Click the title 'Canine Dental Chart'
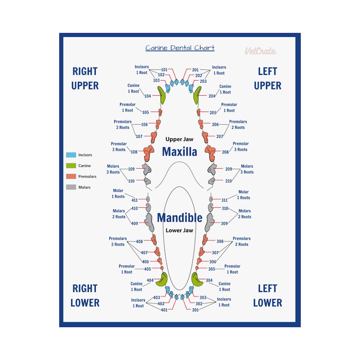(x=180, y=48)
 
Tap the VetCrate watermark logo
(x=260, y=51)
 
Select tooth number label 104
(x=148, y=96)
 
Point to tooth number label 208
(x=225, y=152)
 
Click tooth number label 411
(x=135, y=200)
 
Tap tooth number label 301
(x=195, y=310)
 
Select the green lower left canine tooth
(x=198, y=280)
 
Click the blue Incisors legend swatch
(x=71, y=155)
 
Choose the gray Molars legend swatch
(x=71, y=187)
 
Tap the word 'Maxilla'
(x=180, y=151)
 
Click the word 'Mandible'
(x=180, y=218)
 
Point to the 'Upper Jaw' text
(x=180, y=140)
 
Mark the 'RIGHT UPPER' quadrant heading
(x=85, y=78)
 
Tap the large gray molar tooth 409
(x=148, y=222)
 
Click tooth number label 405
(x=148, y=269)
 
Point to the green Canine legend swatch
(x=71, y=166)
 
